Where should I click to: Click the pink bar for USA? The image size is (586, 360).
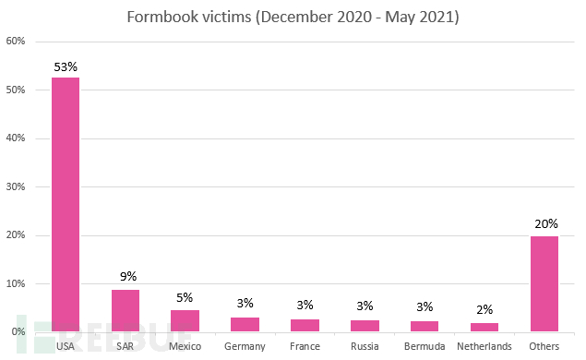pyautogui.click(x=65, y=204)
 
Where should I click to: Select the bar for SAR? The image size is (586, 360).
pyautogui.click(x=126, y=310)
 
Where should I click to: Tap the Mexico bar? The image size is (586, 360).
pyautogui.click(x=185, y=320)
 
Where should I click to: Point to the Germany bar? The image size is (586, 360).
pyautogui.click(x=245, y=324)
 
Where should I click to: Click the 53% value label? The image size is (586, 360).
pyautogui.click(x=66, y=66)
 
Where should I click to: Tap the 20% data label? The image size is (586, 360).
pyautogui.click(x=544, y=224)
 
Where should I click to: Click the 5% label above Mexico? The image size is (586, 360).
pyautogui.click(x=185, y=298)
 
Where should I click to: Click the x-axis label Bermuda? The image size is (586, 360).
pyautogui.click(x=425, y=347)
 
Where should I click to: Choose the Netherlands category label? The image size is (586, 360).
pyautogui.click(x=484, y=347)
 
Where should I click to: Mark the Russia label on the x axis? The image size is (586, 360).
pyautogui.click(x=365, y=347)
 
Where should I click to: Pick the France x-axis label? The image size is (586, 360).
pyautogui.click(x=305, y=347)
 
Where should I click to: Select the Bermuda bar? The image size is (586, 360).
pyautogui.click(x=425, y=326)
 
